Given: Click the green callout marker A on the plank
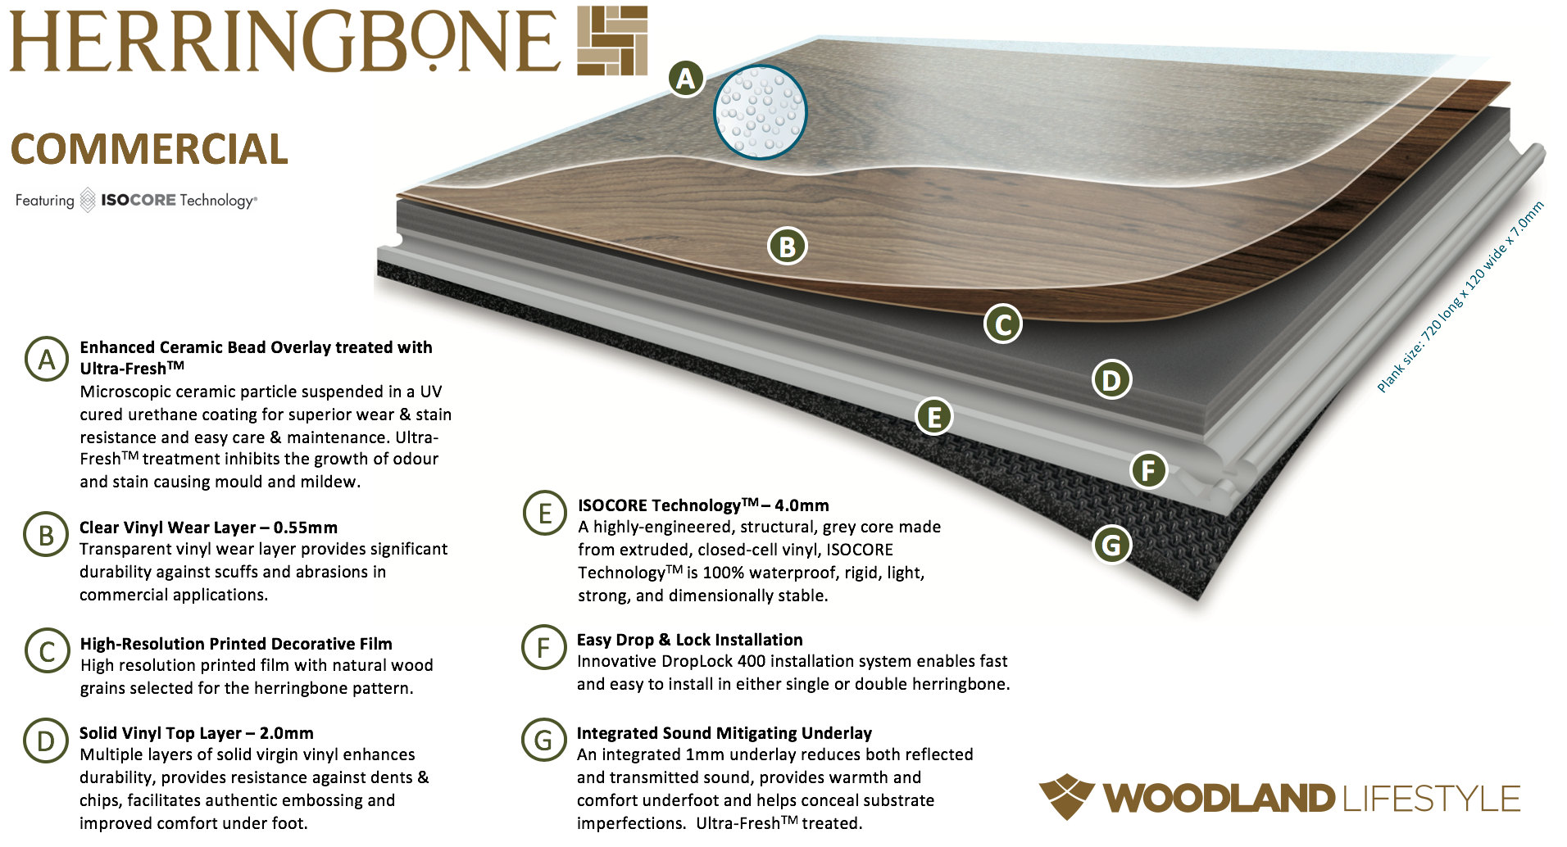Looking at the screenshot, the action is coord(686,79).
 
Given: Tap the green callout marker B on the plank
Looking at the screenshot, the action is coord(787,247).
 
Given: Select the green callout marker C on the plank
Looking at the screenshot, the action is coord(1002,324).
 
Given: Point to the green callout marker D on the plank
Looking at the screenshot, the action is coord(1111,380).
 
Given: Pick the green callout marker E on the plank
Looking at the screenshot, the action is coord(933,416).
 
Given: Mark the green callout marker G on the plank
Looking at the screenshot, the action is coord(1111,545).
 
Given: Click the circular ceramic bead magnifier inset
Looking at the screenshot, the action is coord(760,111).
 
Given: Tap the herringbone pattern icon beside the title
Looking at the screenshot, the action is coord(612,41).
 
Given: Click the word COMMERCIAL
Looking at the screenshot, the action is coord(149,149).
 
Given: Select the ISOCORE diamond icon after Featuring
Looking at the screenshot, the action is coord(88,201).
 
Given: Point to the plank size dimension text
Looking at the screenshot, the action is coord(1460,297).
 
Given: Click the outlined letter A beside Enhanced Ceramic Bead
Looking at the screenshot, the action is coord(47,359).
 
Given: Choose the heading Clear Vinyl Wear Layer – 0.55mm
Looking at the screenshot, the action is coord(208,528).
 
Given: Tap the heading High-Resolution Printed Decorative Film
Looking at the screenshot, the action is coord(236,644).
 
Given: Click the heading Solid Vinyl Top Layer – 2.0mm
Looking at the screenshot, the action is coord(197,733).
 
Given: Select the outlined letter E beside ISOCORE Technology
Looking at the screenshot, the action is coord(545,514).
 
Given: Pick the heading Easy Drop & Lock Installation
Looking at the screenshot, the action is coord(690,640).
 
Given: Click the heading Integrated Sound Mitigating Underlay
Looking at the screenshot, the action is coord(724,733).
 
